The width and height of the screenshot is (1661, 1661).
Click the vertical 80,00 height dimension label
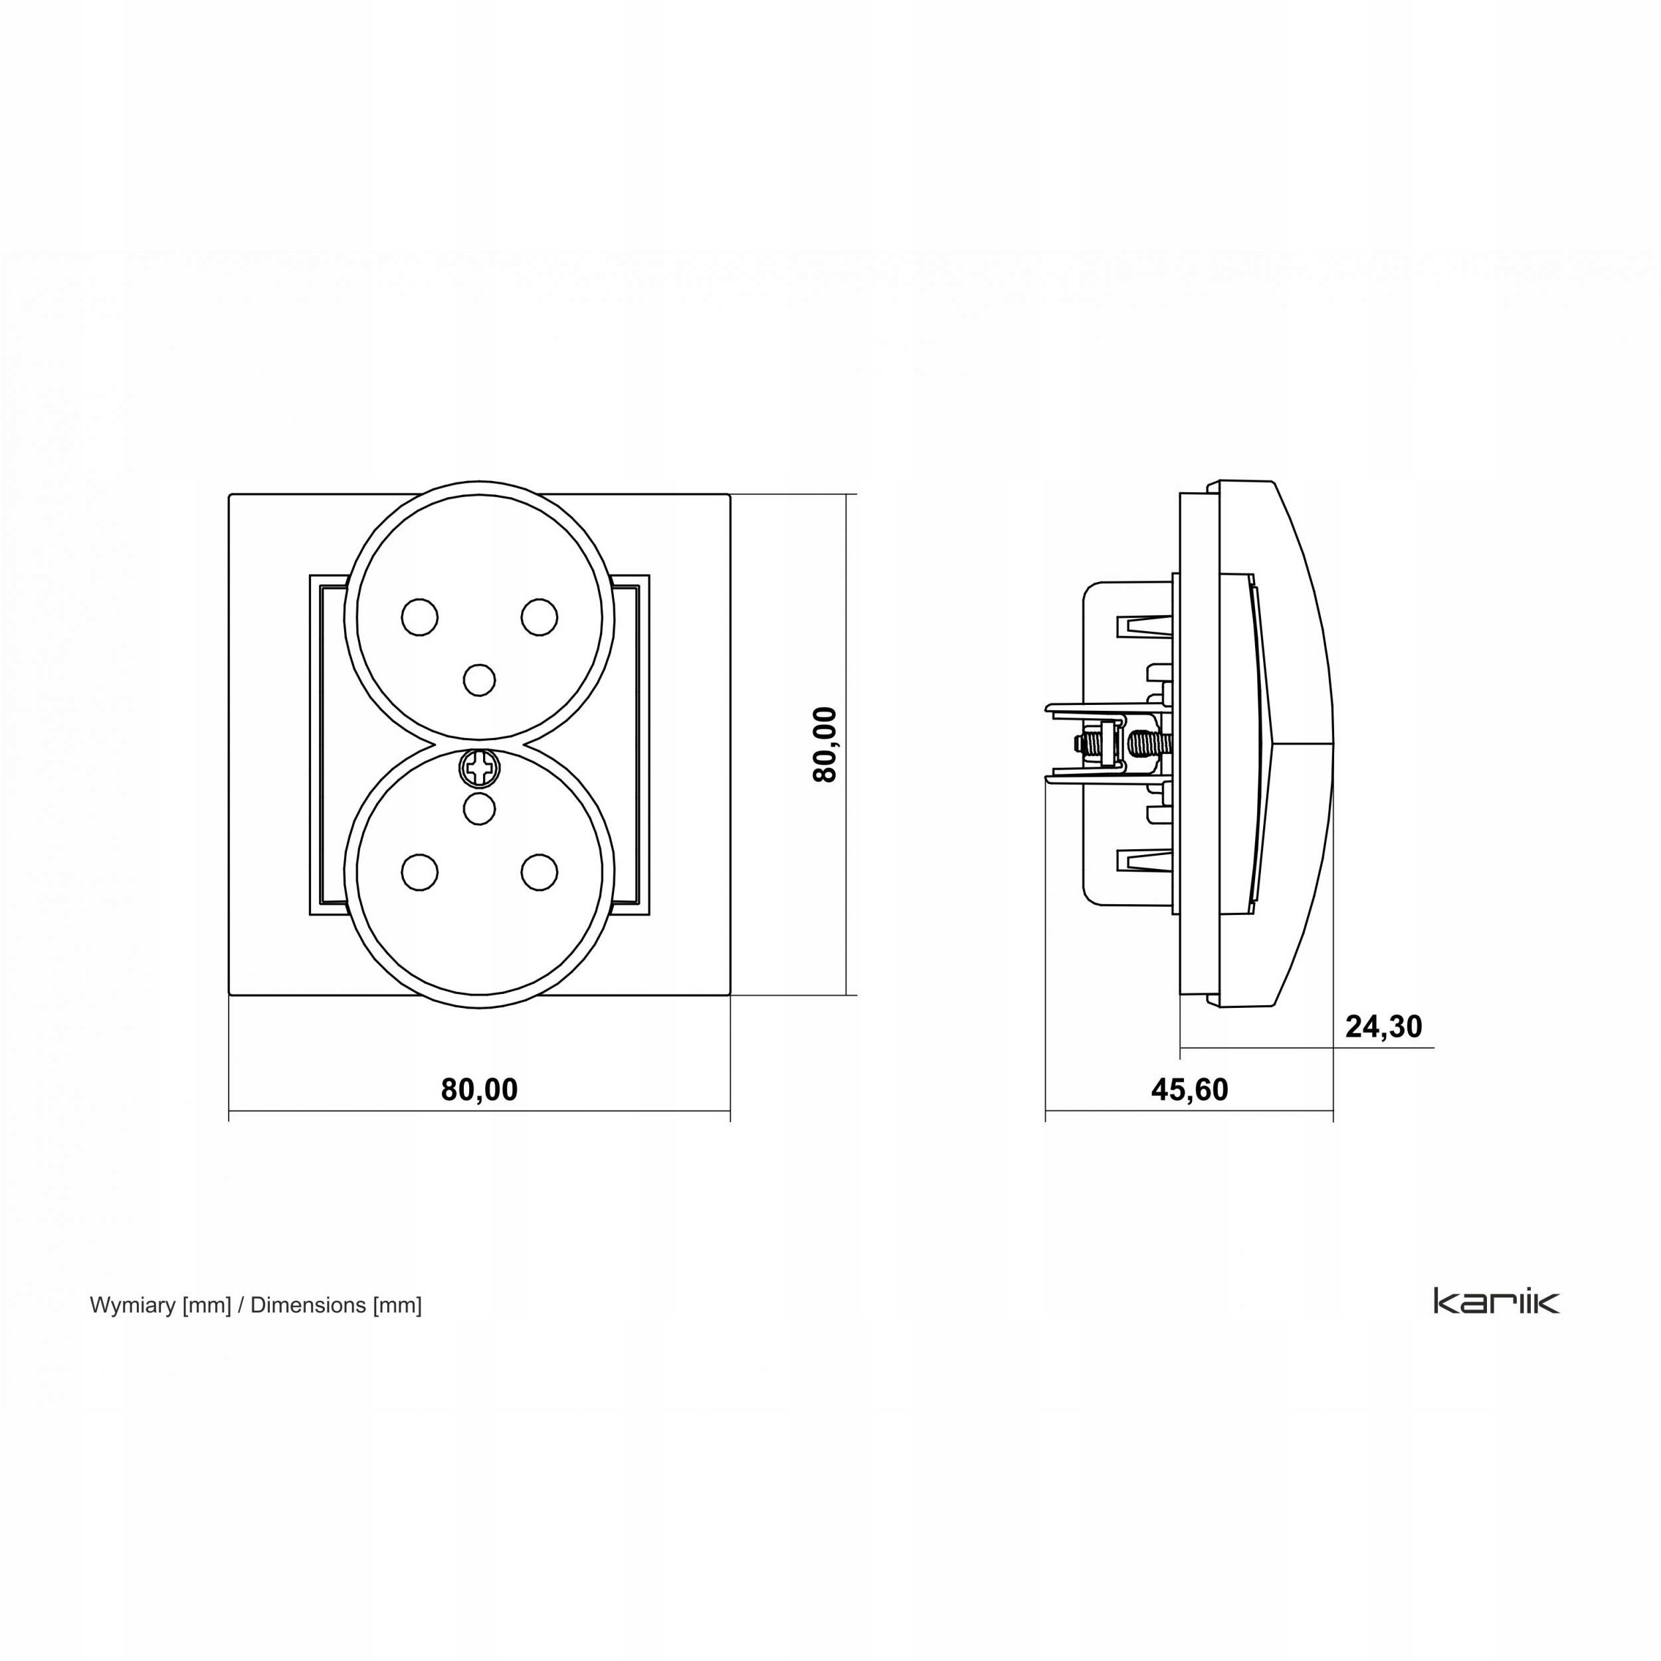(825, 745)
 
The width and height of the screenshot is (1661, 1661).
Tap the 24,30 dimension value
(1383, 1026)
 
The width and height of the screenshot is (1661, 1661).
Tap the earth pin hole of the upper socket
(479, 679)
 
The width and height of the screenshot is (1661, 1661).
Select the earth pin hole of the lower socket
(479, 807)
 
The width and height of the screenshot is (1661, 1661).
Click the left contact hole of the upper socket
(419, 617)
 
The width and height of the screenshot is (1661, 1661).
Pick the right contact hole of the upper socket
(539, 617)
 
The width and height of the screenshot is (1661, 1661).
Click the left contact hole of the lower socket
(419, 871)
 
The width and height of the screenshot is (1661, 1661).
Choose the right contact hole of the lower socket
(539, 871)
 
